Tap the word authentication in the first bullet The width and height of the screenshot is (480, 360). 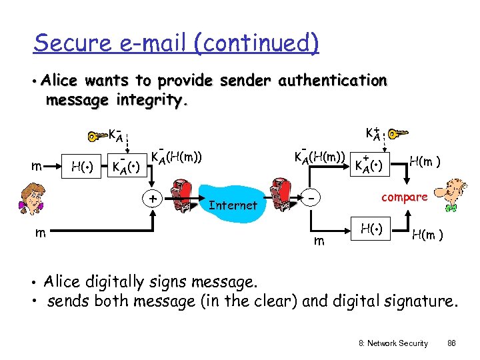click(332, 81)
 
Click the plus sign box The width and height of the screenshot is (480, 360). click(153, 198)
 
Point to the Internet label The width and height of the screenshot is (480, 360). click(233, 205)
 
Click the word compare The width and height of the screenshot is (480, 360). click(404, 197)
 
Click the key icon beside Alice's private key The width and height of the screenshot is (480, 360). click(97, 137)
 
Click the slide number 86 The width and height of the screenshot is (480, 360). click(451, 343)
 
